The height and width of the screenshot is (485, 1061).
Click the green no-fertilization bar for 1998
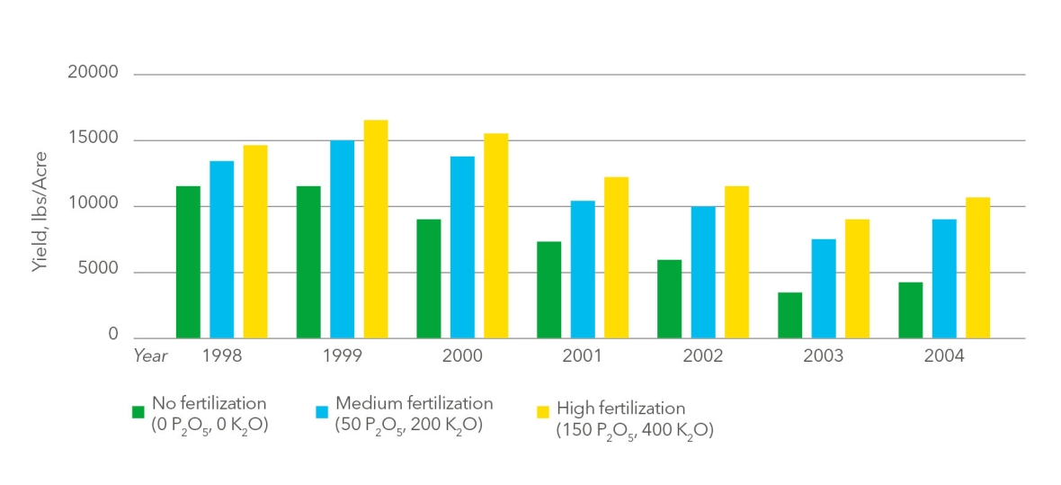click(188, 262)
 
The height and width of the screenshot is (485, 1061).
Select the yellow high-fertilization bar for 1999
click(376, 229)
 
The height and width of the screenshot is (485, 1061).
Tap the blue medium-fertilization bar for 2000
click(462, 247)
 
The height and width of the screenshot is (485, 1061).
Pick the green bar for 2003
click(789, 315)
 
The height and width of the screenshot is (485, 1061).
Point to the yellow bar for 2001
click(617, 257)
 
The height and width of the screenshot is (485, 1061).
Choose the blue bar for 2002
click(703, 273)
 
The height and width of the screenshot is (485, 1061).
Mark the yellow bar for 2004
click(977, 267)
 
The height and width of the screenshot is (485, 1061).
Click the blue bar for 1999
click(343, 239)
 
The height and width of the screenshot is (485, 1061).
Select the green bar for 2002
click(669, 299)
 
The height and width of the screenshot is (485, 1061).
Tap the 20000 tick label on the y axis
click(94, 72)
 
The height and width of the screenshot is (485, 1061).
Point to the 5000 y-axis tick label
click(102, 270)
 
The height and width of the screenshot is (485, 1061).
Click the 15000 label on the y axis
click(94, 139)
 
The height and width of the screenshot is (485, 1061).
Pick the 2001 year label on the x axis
click(583, 356)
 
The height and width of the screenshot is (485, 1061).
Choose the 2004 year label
click(944, 356)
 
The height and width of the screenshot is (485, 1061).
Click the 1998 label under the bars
click(221, 356)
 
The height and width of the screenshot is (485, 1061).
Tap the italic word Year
click(150, 356)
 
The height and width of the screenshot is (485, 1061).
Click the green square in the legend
click(138, 412)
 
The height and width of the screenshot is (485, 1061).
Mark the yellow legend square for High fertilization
click(543, 412)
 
